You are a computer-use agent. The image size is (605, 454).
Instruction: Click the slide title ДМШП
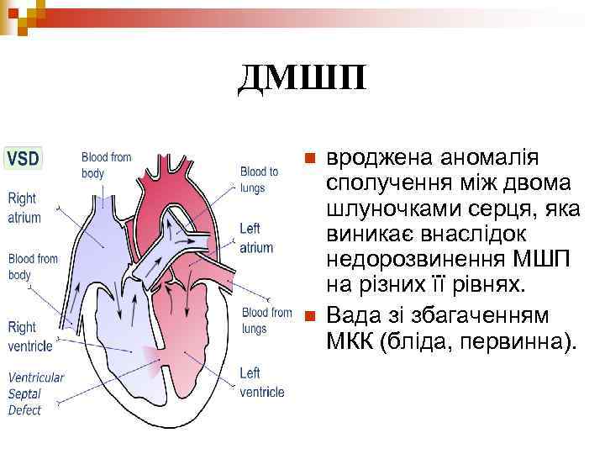click(302, 80)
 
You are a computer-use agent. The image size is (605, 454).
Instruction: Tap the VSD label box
click(24, 158)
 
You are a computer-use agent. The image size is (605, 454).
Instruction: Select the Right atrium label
click(23, 207)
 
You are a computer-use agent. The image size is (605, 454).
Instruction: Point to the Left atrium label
click(255, 238)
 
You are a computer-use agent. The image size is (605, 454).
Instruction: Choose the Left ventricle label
click(261, 383)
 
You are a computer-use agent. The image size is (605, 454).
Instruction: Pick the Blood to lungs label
click(259, 180)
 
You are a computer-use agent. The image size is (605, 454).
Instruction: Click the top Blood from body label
click(106, 165)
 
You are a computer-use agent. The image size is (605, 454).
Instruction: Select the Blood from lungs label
click(266, 320)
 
